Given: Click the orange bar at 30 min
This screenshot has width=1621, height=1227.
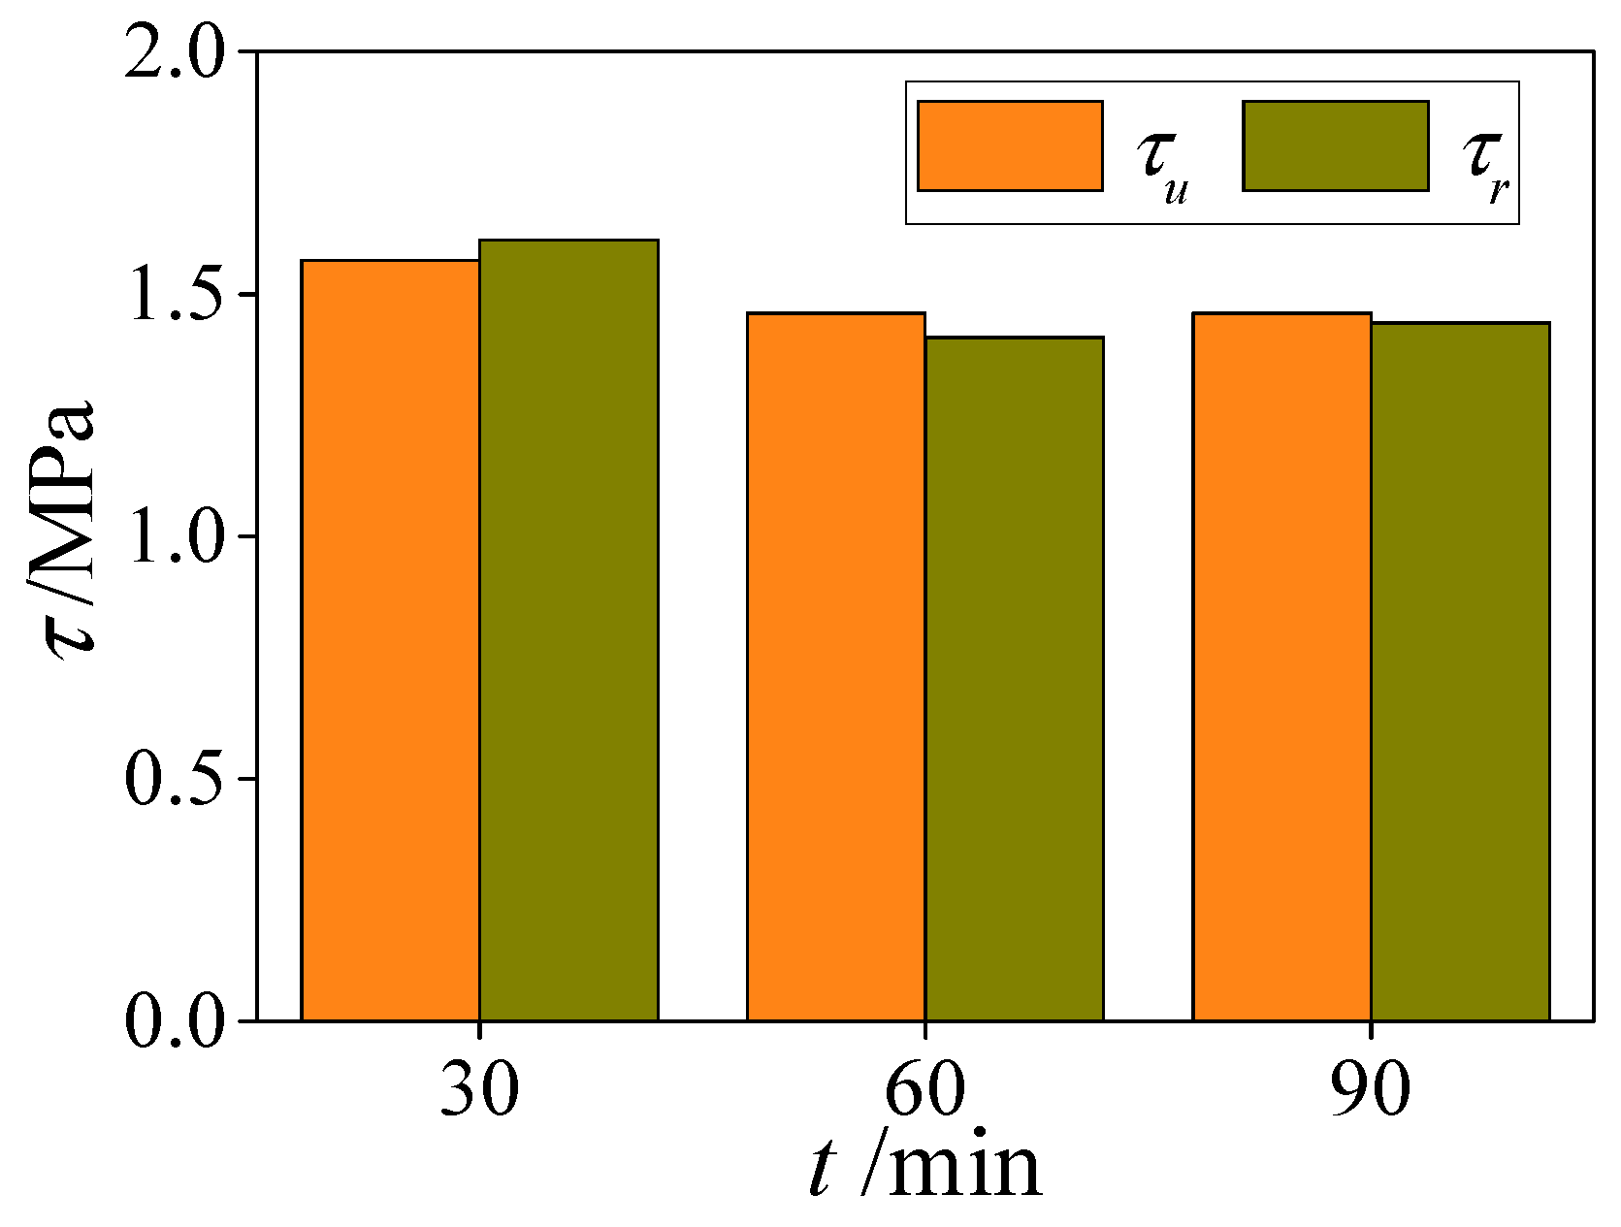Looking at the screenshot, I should pyautogui.click(x=390, y=640).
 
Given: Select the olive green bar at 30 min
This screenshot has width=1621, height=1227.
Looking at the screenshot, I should pyautogui.click(x=568, y=630).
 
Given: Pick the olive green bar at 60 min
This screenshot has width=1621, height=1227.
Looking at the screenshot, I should pyautogui.click(x=1014, y=679).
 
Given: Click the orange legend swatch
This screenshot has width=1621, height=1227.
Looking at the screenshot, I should pyautogui.click(x=1010, y=145).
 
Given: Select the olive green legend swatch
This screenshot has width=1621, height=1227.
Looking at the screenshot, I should pyautogui.click(x=1335, y=145).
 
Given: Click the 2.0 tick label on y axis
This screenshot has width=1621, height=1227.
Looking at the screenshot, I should pyautogui.click(x=175, y=53).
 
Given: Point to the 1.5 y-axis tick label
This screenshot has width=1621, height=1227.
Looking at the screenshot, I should pyautogui.click(x=175, y=295).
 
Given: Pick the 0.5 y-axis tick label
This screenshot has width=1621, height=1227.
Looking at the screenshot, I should pyautogui.click(x=175, y=778).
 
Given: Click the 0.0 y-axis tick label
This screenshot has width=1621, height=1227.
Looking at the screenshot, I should pyautogui.click(x=175, y=1020).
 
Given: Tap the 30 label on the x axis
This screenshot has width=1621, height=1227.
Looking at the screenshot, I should pyautogui.click(x=479, y=1088).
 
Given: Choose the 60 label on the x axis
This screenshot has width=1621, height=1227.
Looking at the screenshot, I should pyautogui.click(x=924, y=1088).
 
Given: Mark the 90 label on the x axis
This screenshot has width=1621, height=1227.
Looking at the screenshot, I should pyautogui.click(x=1370, y=1088).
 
